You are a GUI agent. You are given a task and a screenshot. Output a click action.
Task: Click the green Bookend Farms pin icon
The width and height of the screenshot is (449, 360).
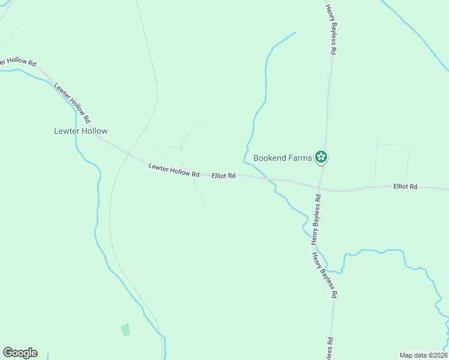point(321,157)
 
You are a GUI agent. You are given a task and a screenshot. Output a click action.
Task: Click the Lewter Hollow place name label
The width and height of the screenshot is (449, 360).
point(80,131)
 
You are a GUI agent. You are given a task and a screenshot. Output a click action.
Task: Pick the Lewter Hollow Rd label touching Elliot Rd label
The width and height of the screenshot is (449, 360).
point(173,170)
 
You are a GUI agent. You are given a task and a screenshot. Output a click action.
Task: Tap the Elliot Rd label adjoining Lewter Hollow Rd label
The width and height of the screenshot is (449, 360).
point(223,176)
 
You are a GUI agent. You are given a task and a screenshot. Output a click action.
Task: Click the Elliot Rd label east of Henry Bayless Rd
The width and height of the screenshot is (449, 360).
point(405,187)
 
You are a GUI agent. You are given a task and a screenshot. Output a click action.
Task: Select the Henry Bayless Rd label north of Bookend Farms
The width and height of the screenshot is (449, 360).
point(330,29)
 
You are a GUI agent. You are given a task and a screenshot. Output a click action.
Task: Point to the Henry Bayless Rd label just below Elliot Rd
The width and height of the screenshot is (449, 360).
point(316,219)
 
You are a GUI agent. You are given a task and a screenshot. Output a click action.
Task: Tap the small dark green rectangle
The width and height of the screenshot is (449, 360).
point(125,329)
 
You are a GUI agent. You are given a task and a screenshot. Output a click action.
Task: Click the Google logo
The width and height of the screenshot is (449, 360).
point(20,353)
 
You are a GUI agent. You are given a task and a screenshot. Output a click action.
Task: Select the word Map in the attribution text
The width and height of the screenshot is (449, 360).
point(406,355)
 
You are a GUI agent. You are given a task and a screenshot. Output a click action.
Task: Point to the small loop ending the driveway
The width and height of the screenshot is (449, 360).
point(205,121)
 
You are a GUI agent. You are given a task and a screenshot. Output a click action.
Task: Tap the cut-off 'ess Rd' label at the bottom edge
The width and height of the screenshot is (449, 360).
point(330,349)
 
